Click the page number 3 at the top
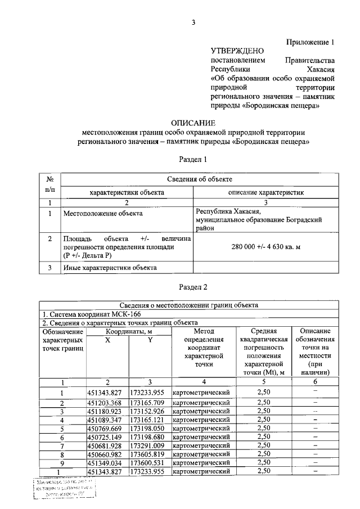point(193,22)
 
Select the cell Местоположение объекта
point(103,214)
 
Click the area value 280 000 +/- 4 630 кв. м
point(265,246)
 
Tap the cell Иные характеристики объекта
point(110,268)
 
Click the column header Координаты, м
point(128,331)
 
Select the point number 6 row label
point(62,438)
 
